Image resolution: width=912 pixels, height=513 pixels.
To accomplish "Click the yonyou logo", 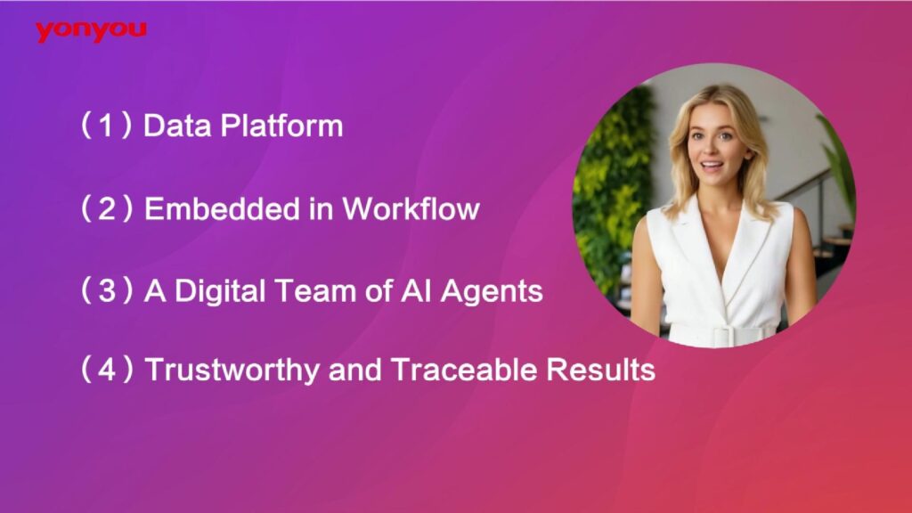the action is pos(91,31).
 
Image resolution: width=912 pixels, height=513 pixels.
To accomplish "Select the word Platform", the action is pos(282,126).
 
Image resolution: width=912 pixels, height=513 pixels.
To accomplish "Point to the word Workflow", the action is pos(411,208).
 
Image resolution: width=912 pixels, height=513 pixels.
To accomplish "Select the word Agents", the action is pos(492,292).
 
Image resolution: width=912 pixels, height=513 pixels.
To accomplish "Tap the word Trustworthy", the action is pos(232,370).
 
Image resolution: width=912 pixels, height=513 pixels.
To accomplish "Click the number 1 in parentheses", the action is pos(107,126).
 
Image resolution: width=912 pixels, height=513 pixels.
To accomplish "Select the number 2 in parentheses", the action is pos(107,208).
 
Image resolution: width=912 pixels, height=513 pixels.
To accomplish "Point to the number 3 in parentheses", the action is pos(107,291).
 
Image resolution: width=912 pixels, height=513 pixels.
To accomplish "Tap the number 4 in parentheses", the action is pos(107,370).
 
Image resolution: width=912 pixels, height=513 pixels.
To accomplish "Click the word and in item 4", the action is pos(354,370).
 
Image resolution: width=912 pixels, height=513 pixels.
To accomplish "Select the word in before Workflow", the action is pos(321,208).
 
